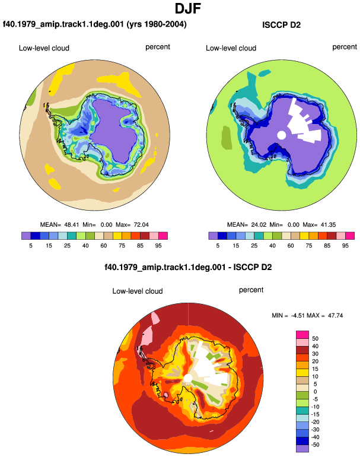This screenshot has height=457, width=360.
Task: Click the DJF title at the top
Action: coord(188,8)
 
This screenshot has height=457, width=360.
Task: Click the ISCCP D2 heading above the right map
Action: coord(281,25)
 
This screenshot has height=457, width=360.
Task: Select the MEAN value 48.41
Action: coord(72,225)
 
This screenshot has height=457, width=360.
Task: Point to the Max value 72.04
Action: coord(141,225)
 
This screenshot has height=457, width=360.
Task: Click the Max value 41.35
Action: coord(328,225)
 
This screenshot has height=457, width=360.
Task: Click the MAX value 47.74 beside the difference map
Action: coord(335,315)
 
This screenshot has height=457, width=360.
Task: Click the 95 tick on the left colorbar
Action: coord(158,246)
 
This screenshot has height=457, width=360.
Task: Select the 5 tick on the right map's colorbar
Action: coord(218,246)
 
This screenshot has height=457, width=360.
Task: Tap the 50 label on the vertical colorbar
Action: coord(315,339)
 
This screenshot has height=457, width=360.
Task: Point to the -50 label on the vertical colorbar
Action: coord(314,445)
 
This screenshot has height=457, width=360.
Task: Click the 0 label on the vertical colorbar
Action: coord(315,392)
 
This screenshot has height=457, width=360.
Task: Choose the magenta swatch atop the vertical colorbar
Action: coord(302,335)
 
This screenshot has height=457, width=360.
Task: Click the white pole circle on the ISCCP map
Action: coord(281,135)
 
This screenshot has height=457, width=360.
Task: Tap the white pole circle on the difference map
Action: coord(188,379)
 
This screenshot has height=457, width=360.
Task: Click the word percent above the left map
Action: coord(158,47)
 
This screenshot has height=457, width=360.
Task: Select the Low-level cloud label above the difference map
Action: coord(138,291)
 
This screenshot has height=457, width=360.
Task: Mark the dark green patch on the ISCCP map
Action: coord(227,137)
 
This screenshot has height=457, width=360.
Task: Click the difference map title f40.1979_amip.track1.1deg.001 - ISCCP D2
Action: coord(188,267)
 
